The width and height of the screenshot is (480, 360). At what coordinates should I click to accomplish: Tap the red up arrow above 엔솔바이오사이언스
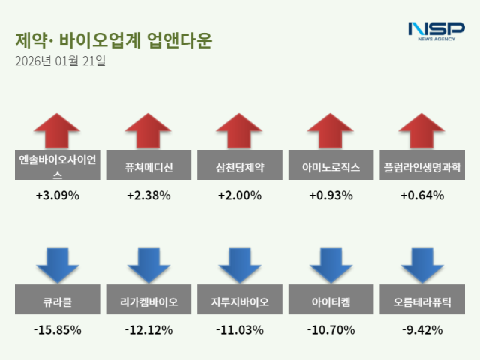pyautogui.click(x=57, y=132)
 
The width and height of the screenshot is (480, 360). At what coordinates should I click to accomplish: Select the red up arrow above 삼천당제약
pyautogui.click(x=239, y=132)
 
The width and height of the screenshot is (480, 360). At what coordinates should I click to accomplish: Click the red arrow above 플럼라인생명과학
pyautogui.click(x=422, y=132)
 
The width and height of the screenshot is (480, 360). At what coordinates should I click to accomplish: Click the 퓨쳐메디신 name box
pyautogui.click(x=148, y=166)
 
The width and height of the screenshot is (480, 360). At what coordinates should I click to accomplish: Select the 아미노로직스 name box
pyautogui.click(x=331, y=166)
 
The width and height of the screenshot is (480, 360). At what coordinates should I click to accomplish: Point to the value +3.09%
pyautogui.click(x=57, y=196)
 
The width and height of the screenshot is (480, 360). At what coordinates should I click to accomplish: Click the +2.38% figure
pyautogui.click(x=148, y=196)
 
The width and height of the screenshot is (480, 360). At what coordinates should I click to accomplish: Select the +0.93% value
pyautogui.click(x=331, y=196)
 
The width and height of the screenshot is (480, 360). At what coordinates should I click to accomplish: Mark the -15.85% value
pyautogui.click(x=57, y=329)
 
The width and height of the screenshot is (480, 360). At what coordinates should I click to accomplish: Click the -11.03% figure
pyautogui.click(x=239, y=329)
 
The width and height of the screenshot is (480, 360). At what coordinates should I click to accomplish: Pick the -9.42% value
pyautogui.click(x=422, y=329)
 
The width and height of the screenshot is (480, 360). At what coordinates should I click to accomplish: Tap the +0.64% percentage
pyautogui.click(x=422, y=196)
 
